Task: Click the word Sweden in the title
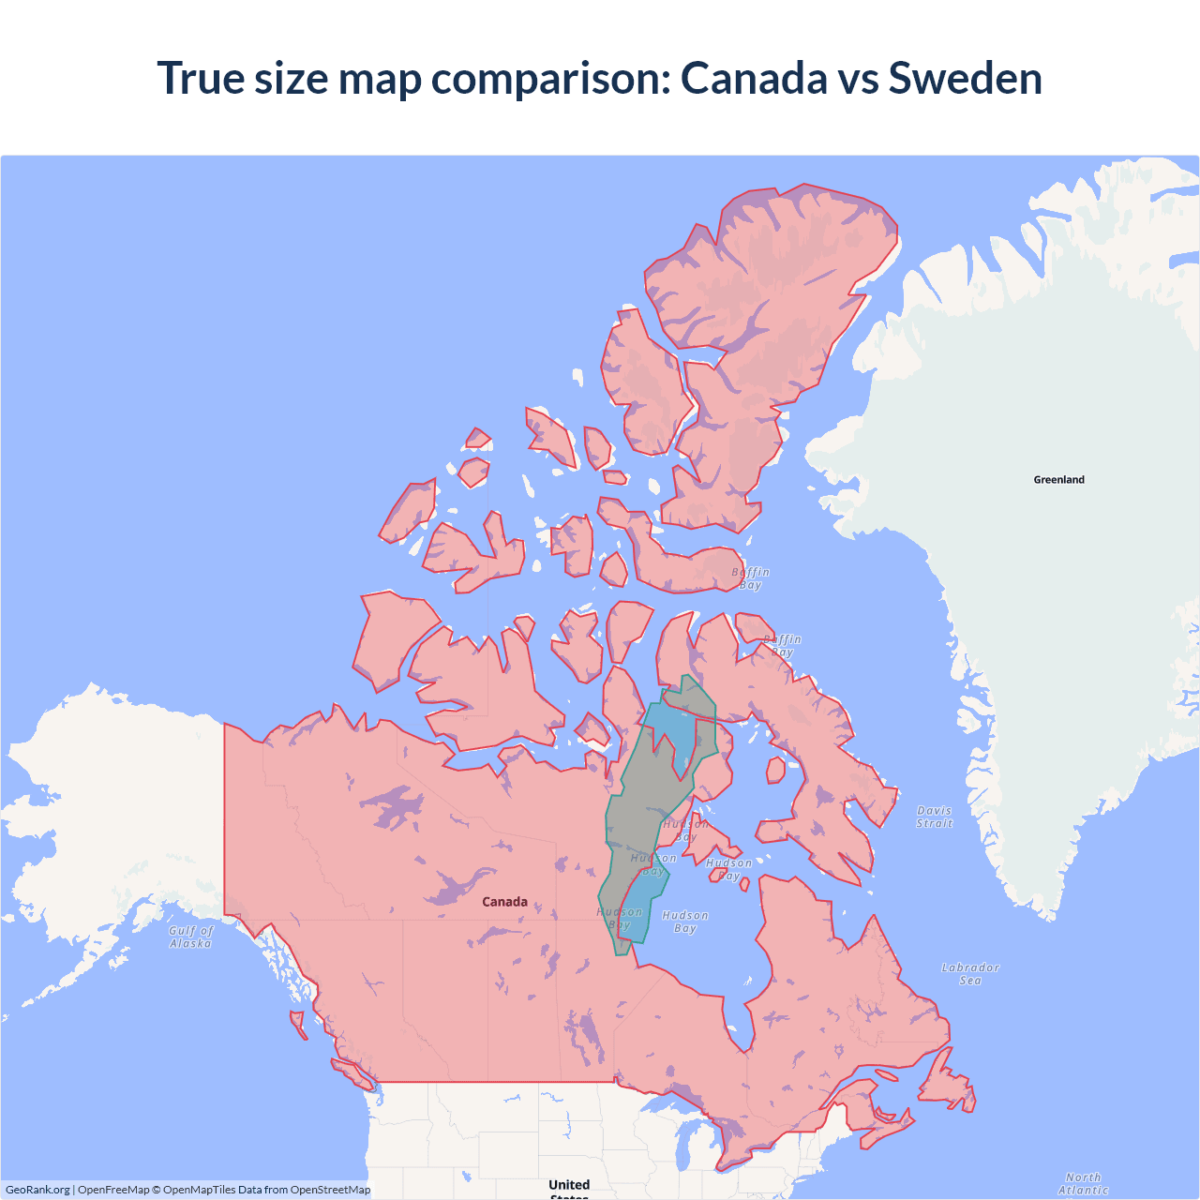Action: [x=965, y=78]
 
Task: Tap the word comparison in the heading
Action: [x=550, y=78]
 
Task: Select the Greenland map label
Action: [x=1058, y=480]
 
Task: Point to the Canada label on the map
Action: [x=504, y=902]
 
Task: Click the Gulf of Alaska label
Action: [x=191, y=937]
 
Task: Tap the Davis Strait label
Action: [x=934, y=817]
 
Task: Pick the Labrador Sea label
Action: [x=970, y=974]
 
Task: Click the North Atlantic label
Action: [x=1083, y=1183]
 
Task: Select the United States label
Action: [x=569, y=1186]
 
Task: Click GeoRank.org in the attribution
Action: [x=37, y=1190]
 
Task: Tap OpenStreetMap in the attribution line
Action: [x=330, y=1190]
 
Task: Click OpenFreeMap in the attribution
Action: [x=113, y=1190]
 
